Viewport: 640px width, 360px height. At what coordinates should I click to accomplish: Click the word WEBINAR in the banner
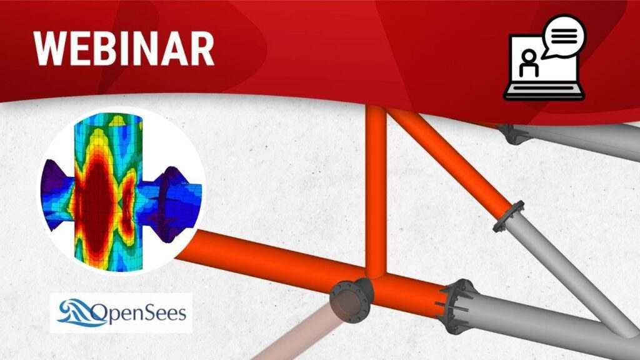coord(124,48)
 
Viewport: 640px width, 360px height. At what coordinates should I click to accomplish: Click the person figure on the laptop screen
coord(529,63)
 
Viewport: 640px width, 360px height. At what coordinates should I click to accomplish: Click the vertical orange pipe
coord(376,192)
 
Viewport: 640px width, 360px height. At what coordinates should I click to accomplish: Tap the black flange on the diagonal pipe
coord(509,216)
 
